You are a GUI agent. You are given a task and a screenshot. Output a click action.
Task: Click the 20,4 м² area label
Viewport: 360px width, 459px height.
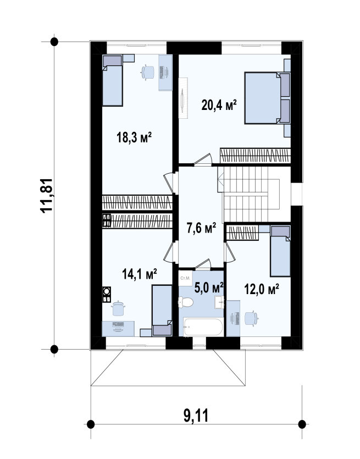point(219,105)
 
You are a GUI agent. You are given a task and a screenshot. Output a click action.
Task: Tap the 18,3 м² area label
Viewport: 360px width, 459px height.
point(134,137)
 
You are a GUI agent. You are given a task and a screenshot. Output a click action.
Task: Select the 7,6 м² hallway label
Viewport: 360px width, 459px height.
point(201,228)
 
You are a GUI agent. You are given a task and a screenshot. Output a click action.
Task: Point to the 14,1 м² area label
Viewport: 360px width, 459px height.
point(139,274)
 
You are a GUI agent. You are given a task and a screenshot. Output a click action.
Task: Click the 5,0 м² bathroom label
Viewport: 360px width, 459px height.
point(209,287)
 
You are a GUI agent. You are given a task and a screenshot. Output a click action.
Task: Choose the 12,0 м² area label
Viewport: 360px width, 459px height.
point(262,289)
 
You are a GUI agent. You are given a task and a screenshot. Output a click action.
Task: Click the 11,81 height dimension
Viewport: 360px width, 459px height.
point(47,196)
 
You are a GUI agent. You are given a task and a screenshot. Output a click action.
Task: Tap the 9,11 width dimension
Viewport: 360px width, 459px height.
point(196,416)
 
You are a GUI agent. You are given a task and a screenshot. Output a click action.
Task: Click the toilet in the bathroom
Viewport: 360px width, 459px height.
point(186,302)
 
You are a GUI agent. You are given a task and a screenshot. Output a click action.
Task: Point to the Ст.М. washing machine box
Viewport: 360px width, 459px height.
point(185,278)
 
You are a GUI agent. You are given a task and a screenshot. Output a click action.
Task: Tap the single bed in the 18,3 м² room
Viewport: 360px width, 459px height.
point(112,80)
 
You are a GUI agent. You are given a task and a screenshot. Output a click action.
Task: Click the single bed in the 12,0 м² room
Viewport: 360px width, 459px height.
point(280,251)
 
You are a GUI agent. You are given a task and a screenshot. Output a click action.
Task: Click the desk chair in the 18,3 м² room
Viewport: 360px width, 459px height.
point(147,72)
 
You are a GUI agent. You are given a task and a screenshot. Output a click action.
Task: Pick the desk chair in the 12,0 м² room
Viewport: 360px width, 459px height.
point(251,318)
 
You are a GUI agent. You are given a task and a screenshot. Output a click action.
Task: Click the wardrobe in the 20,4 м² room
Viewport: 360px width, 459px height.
point(255,156)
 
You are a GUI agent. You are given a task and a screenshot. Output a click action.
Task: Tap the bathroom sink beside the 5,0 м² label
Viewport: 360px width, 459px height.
point(220,302)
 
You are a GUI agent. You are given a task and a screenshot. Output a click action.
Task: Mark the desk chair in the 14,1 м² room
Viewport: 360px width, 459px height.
point(119,308)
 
